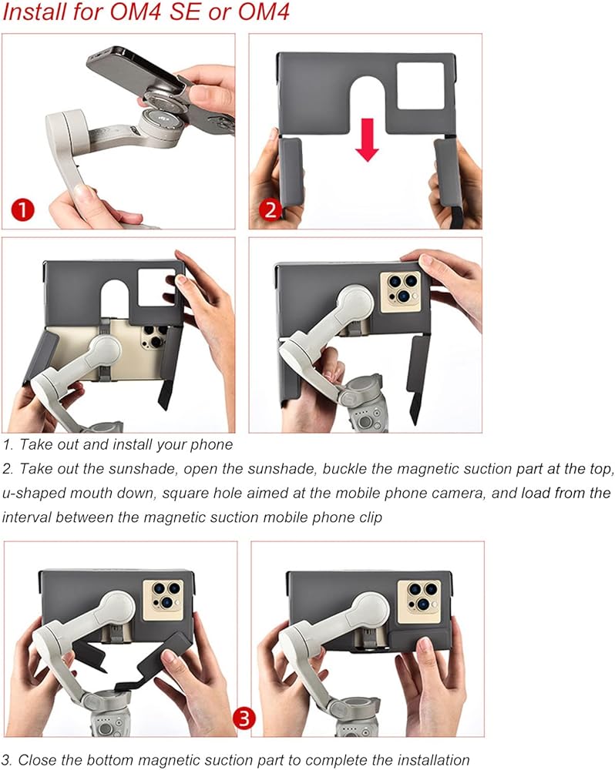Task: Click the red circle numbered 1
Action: pyautogui.click(x=22, y=210)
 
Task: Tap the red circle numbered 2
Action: pyautogui.click(x=271, y=209)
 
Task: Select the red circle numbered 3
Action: pyautogui.click(x=244, y=719)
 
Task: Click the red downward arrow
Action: pyautogui.click(x=367, y=139)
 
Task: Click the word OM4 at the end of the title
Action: pyautogui.click(x=264, y=12)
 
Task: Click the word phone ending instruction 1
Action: pyautogui.click(x=211, y=445)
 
